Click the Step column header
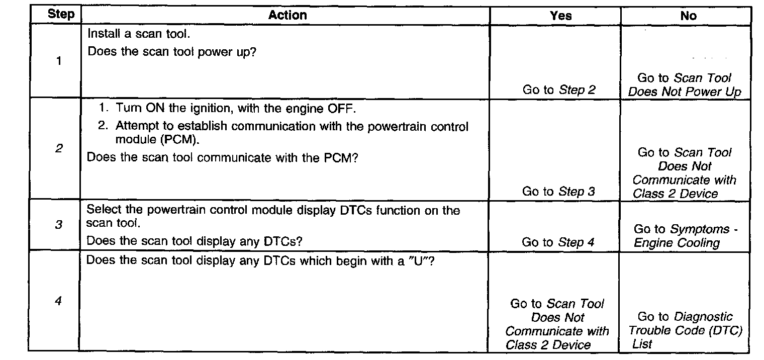[60, 15]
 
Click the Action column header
[287, 15]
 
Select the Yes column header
[560, 16]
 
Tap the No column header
[688, 16]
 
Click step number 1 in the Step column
[59, 62]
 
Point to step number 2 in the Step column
[59, 149]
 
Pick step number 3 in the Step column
[58, 225]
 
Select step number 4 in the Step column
[58, 302]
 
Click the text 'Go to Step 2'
[559, 91]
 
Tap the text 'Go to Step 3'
[558, 192]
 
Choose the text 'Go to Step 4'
[558, 242]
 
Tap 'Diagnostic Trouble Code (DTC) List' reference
[685, 330]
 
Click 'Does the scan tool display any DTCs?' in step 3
[194, 241]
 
